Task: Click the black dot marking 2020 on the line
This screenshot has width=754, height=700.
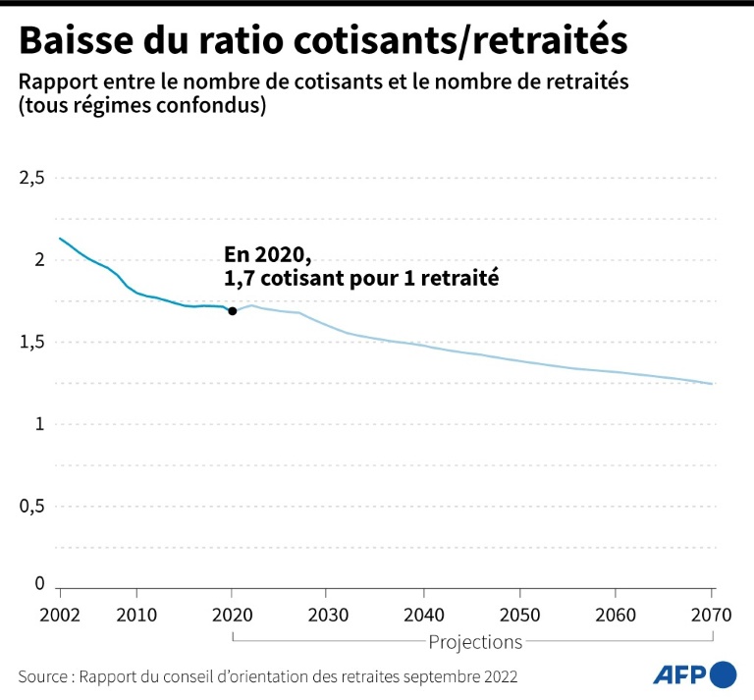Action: pyautogui.click(x=232, y=311)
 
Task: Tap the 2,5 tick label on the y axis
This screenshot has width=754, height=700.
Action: pyautogui.click(x=32, y=178)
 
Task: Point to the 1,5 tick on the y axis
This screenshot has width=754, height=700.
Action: pyautogui.click(x=32, y=342)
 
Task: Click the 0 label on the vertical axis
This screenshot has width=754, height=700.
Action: pyautogui.click(x=40, y=583)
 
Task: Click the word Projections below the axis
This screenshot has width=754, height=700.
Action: pyautogui.click(x=475, y=642)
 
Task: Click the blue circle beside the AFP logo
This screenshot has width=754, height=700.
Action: pyautogui.click(x=723, y=674)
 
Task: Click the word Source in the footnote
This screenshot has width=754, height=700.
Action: pyautogui.click(x=43, y=676)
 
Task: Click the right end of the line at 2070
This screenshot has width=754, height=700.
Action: pyautogui.click(x=712, y=384)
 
